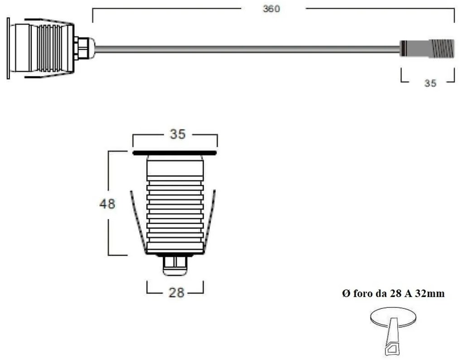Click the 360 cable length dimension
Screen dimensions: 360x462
click(x=271, y=9)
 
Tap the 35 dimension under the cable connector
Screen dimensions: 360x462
click(x=430, y=83)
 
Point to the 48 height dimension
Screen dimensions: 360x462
click(x=107, y=204)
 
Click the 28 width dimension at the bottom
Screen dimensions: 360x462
click(x=176, y=293)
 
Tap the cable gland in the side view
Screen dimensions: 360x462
click(x=84, y=48)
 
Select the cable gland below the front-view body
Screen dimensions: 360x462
click(x=175, y=265)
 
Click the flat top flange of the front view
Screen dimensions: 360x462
click(x=175, y=153)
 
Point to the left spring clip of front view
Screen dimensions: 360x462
click(x=138, y=222)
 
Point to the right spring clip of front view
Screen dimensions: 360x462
click(x=211, y=222)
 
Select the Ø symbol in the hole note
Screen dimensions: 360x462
click(x=346, y=294)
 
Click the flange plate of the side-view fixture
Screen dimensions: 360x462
click(x=8, y=48)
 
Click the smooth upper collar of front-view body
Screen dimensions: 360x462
click(x=175, y=167)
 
